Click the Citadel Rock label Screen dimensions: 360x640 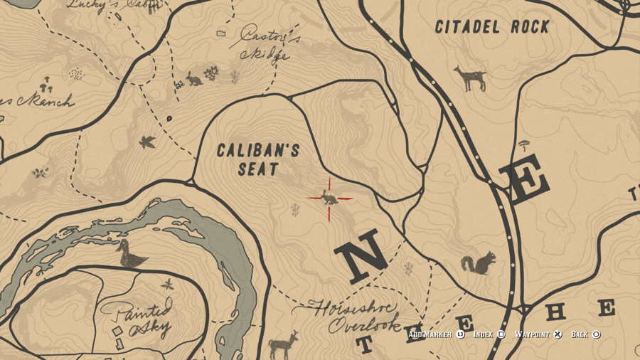point(492,27)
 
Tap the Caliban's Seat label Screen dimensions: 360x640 point(257,160)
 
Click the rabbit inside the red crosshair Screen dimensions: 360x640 point(329,198)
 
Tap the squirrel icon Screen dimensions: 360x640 point(478,264)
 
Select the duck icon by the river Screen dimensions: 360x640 point(132,253)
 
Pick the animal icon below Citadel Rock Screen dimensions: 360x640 point(470,78)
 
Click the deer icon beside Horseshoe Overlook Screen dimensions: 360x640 point(283,345)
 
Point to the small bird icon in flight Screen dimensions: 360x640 point(148,142)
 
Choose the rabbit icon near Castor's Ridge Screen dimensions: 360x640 point(193,79)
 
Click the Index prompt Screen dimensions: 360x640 point(489,334)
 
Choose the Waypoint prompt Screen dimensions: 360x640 point(538,334)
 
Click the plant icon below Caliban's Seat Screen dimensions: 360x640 point(294,209)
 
